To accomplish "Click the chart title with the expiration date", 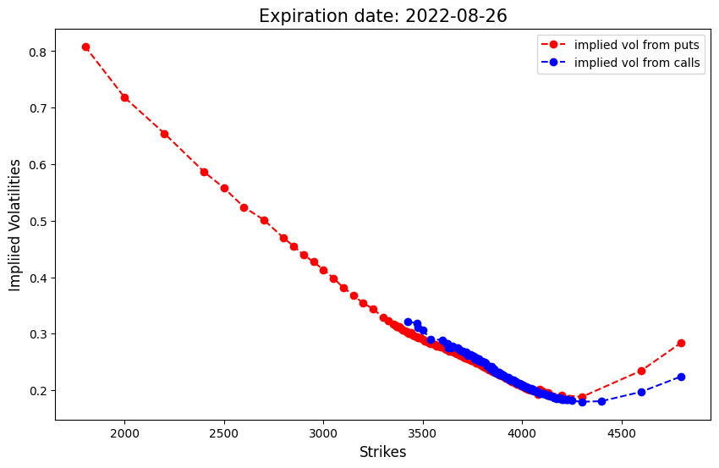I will tap(383, 16).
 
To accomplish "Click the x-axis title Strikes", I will tap(382, 452).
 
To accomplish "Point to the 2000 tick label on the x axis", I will tap(124, 434).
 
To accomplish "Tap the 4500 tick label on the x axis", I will tap(622, 434).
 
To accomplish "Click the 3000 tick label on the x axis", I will tap(323, 434).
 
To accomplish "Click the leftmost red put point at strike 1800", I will tap(85, 47).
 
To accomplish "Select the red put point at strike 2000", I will tap(124, 97).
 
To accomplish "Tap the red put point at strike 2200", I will tap(164, 134).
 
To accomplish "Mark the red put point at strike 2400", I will tap(204, 172).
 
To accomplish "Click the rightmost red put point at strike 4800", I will tap(681, 343).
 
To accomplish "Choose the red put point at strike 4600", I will tap(641, 371).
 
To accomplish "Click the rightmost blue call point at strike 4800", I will tap(681, 377).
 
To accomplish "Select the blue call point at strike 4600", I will tap(641, 392).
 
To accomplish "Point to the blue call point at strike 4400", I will tap(601, 401).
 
